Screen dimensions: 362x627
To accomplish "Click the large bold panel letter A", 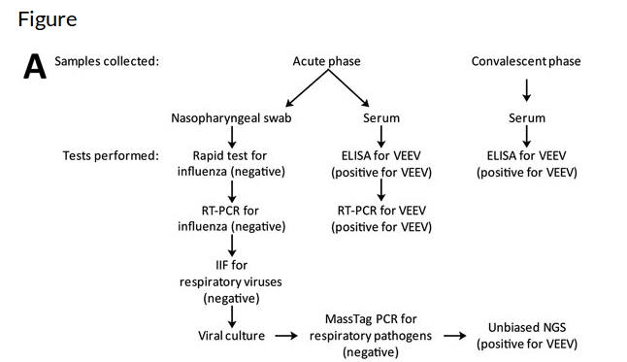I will click(35, 67).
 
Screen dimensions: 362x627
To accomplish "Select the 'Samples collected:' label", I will click(107, 61).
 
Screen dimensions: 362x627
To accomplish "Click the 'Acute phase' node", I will click(326, 61).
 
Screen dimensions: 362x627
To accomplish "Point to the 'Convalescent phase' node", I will click(526, 61).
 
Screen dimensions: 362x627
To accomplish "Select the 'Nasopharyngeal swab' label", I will click(231, 118).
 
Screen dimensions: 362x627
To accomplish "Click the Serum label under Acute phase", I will click(379, 118).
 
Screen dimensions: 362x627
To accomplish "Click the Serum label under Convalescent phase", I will click(527, 118).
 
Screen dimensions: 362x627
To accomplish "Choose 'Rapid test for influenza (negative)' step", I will click(231, 163).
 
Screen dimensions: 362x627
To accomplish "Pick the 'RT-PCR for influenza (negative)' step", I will click(231, 217).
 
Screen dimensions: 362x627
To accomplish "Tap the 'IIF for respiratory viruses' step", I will click(231, 282).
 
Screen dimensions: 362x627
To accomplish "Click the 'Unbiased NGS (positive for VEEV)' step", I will click(526, 336).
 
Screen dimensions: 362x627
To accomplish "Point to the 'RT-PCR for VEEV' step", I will click(379, 217).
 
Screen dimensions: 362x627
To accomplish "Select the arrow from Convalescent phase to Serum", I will click(527, 90).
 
